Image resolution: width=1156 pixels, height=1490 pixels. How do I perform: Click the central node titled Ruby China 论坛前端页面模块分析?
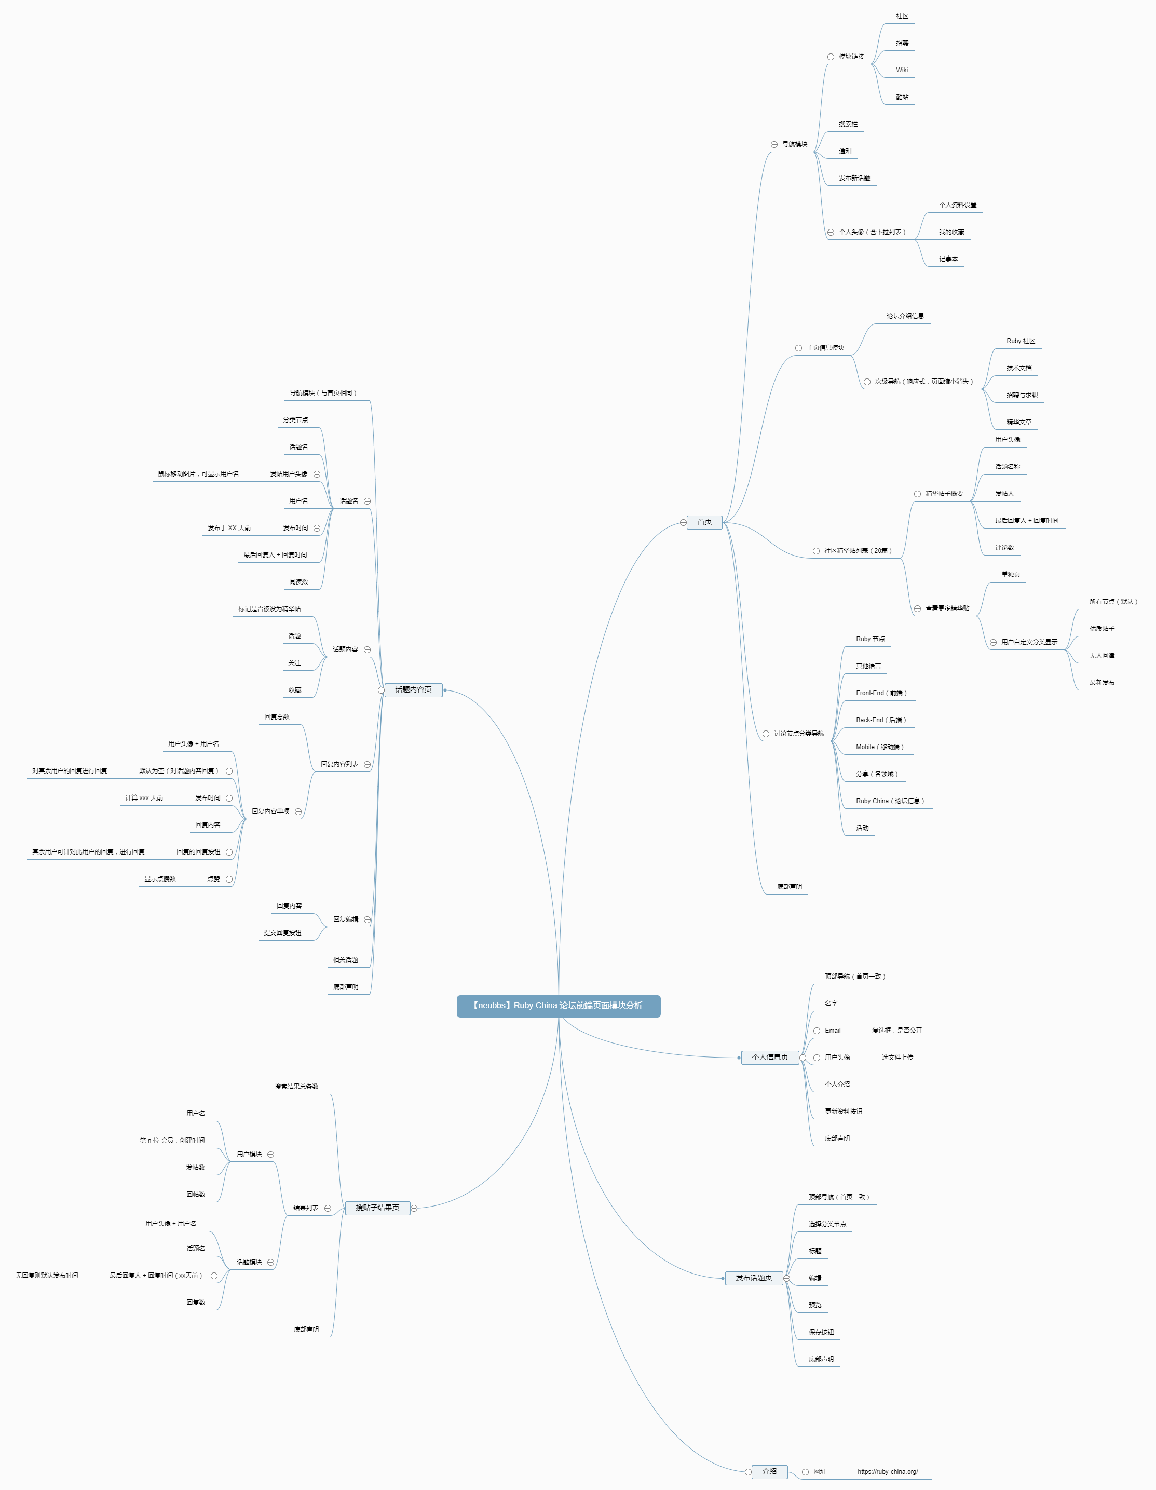[558, 1006]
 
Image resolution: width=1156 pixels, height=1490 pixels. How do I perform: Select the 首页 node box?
[704, 522]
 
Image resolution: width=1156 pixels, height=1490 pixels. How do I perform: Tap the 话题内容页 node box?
[413, 690]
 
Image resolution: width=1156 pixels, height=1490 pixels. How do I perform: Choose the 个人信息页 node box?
[769, 1058]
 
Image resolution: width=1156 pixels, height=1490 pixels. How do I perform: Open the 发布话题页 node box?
[753, 1278]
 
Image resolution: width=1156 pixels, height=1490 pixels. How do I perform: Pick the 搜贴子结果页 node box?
[377, 1208]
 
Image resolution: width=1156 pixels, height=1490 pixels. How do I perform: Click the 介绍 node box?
[769, 1472]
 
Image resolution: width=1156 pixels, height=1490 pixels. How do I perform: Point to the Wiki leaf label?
[902, 70]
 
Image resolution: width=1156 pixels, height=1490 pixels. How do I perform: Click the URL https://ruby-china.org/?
[887, 1472]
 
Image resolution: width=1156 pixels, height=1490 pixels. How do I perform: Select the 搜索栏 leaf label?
[848, 124]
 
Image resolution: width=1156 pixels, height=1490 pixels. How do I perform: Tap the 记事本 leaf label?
[948, 259]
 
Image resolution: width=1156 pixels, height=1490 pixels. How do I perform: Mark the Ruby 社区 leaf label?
[1021, 341]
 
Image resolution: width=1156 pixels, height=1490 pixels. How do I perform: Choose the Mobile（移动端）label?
[879, 747]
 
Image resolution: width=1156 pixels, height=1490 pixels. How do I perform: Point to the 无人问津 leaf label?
[1101, 656]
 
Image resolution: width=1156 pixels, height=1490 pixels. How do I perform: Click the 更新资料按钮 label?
[843, 1112]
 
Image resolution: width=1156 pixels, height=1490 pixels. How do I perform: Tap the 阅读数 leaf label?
[298, 582]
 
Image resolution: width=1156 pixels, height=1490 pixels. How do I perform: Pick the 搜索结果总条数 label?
[296, 1087]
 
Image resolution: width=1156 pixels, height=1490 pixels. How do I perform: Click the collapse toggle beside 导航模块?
[774, 145]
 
